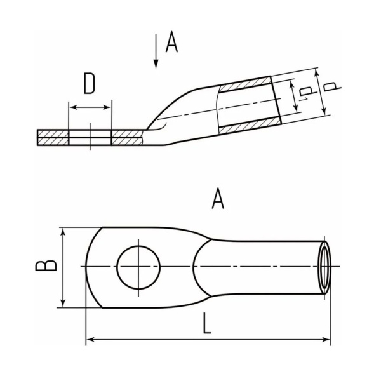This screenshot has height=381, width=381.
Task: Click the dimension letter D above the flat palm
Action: (x=90, y=83)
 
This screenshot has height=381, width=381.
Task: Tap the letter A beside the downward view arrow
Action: (x=170, y=43)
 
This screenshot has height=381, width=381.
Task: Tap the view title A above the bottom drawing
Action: (x=218, y=200)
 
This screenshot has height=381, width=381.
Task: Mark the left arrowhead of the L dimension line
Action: (x=90, y=341)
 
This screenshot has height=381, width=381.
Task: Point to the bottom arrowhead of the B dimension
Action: (x=63, y=304)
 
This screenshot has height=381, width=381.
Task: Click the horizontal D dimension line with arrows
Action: (x=90, y=107)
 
